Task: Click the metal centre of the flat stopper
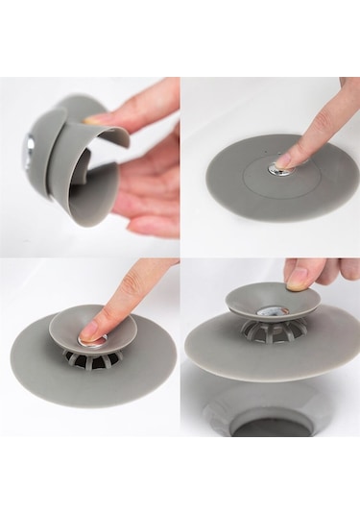coord(276,169)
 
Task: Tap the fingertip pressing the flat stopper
coord(289,156)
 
